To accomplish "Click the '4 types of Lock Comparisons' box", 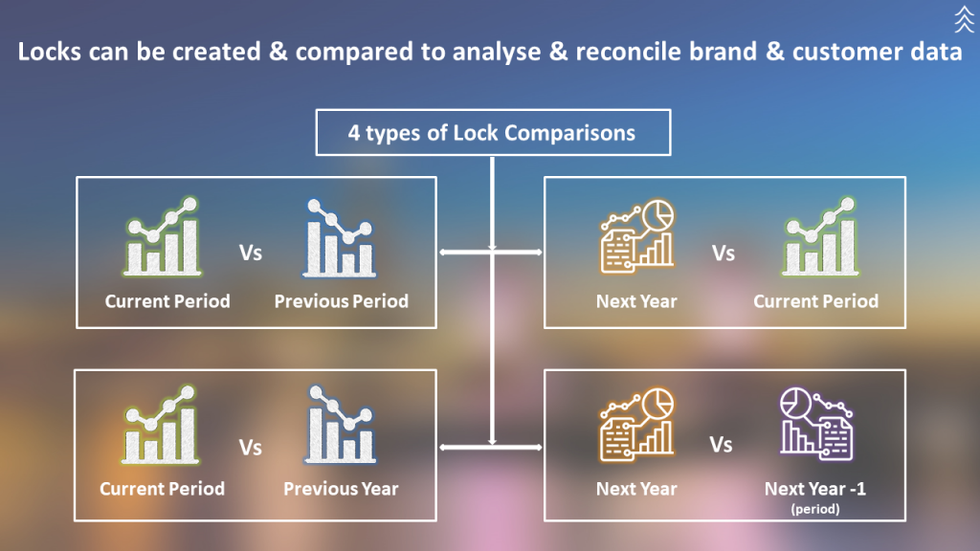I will [492, 133].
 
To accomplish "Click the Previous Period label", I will [341, 301].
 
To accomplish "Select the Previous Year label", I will [341, 489].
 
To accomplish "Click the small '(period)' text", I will [815, 509].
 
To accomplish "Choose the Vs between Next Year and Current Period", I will [724, 253].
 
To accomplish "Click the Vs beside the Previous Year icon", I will [250, 447].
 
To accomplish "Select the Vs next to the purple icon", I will [721, 445].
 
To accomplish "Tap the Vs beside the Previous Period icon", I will [250, 253].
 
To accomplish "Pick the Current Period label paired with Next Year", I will [815, 301].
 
